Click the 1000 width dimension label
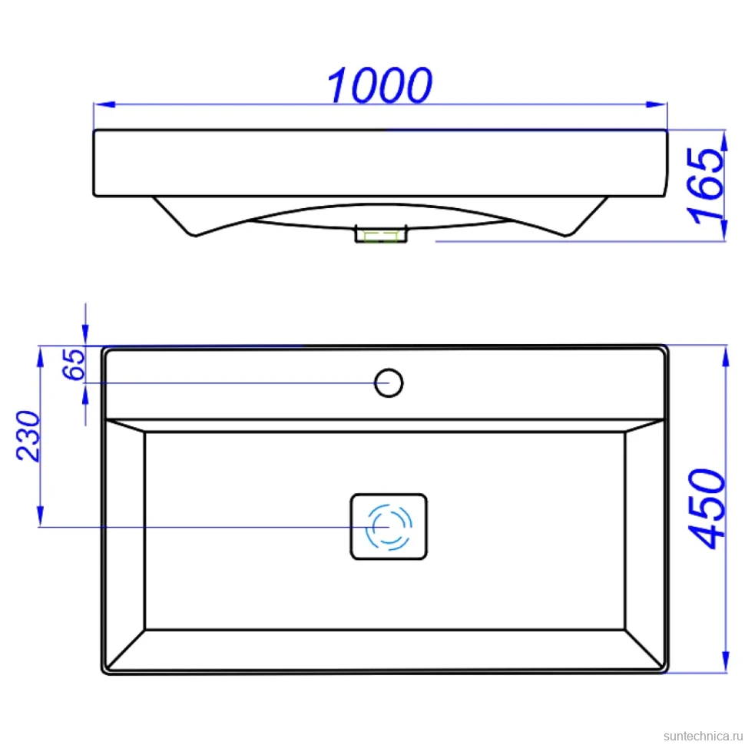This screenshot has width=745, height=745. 379,85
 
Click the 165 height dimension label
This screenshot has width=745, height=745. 707,186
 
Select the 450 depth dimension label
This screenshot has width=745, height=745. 708,509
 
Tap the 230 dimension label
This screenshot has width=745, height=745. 28,435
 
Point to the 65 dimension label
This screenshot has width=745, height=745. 74,364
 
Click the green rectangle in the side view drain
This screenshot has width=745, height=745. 381,237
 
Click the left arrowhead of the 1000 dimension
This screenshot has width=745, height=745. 104,104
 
